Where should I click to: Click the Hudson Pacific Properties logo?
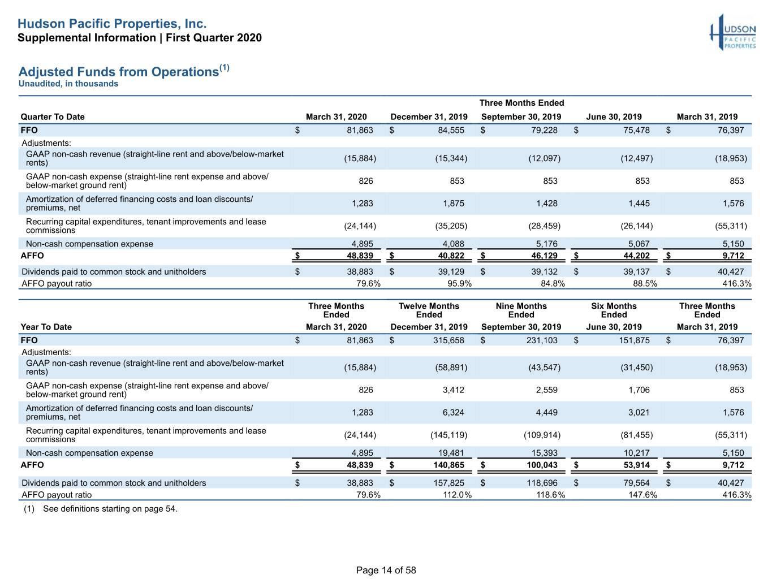(733, 32)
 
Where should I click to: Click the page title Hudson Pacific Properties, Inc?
(112, 24)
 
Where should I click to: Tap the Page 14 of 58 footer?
(386, 570)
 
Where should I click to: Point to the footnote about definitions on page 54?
(101, 509)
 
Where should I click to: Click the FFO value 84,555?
(451, 130)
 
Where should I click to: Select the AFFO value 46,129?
(544, 256)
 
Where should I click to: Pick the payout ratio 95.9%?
(459, 283)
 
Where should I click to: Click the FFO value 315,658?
(448, 340)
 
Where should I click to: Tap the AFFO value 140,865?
(448, 465)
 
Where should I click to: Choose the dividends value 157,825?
(448, 483)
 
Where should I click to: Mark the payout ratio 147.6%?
(642, 495)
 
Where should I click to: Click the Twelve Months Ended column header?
(429, 310)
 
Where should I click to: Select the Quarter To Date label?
(53, 116)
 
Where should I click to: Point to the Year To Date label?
(46, 327)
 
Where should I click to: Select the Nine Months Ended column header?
(521, 310)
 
